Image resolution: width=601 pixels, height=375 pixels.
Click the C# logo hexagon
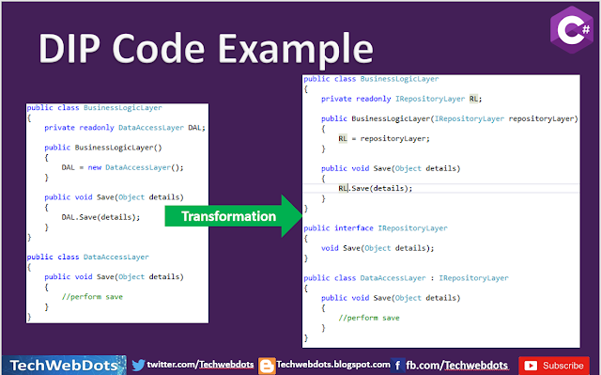coord(572,29)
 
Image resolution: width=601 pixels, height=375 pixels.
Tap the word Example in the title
coord(296,50)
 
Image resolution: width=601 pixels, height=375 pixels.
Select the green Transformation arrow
coord(234,216)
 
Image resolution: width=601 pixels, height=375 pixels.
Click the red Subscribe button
coord(554,366)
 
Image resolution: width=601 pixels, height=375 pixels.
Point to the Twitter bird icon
coord(138,365)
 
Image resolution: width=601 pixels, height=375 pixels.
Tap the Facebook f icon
coord(397,366)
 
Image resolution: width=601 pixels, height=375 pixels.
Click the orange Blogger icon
coord(267,366)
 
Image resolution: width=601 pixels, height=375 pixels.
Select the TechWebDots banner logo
coord(64,365)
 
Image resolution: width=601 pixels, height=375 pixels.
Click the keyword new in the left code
coord(94,167)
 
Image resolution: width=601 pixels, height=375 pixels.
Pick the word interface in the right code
coord(354,228)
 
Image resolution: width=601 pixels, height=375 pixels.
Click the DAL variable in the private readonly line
coord(194,127)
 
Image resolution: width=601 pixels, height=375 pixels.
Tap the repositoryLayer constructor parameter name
coord(541,118)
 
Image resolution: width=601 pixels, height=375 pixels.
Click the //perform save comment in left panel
coord(92,297)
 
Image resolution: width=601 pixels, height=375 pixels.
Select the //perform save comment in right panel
coord(369,318)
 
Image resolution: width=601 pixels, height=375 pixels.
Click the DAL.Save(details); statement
coord(100,217)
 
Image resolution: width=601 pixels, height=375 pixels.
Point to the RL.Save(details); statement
coord(376,188)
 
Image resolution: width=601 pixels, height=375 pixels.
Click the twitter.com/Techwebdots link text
coord(200,365)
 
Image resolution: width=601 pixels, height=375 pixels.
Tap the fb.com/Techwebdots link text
coord(457,365)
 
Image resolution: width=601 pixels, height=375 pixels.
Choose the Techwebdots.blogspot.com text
coord(333,365)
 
